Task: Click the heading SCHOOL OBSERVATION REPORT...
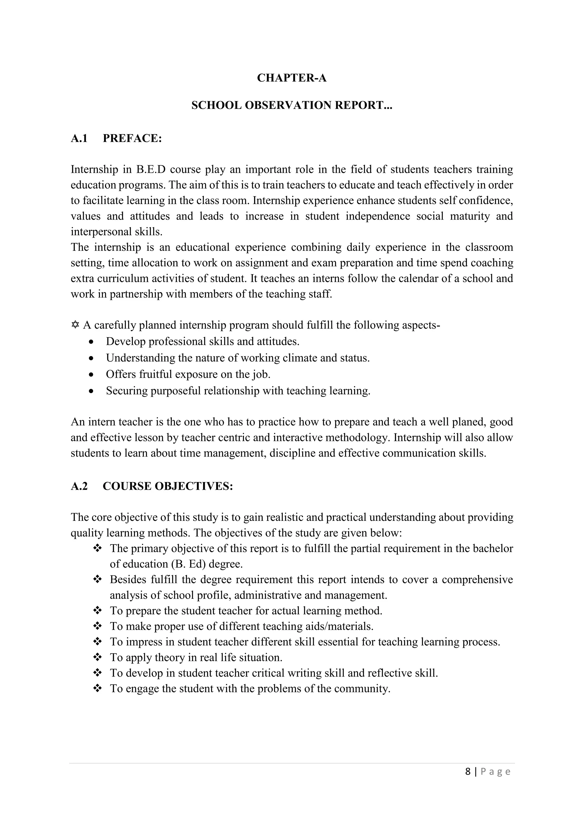pyautogui.click(x=292, y=106)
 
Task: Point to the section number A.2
pyautogui.click(x=79, y=486)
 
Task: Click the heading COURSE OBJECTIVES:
pyautogui.click(x=168, y=486)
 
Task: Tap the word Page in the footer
pyautogui.click(x=496, y=772)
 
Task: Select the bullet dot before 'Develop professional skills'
pyautogui.click(x=92, y=342)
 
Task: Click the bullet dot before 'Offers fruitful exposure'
pyautogui.click(x=92, y=375)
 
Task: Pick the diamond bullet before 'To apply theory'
pyautogui.click(x=98, y=658)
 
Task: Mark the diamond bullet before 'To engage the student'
pyautogui.click(x=98, y=689)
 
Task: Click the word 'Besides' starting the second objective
pyautogui.click(x=128, y=580)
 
